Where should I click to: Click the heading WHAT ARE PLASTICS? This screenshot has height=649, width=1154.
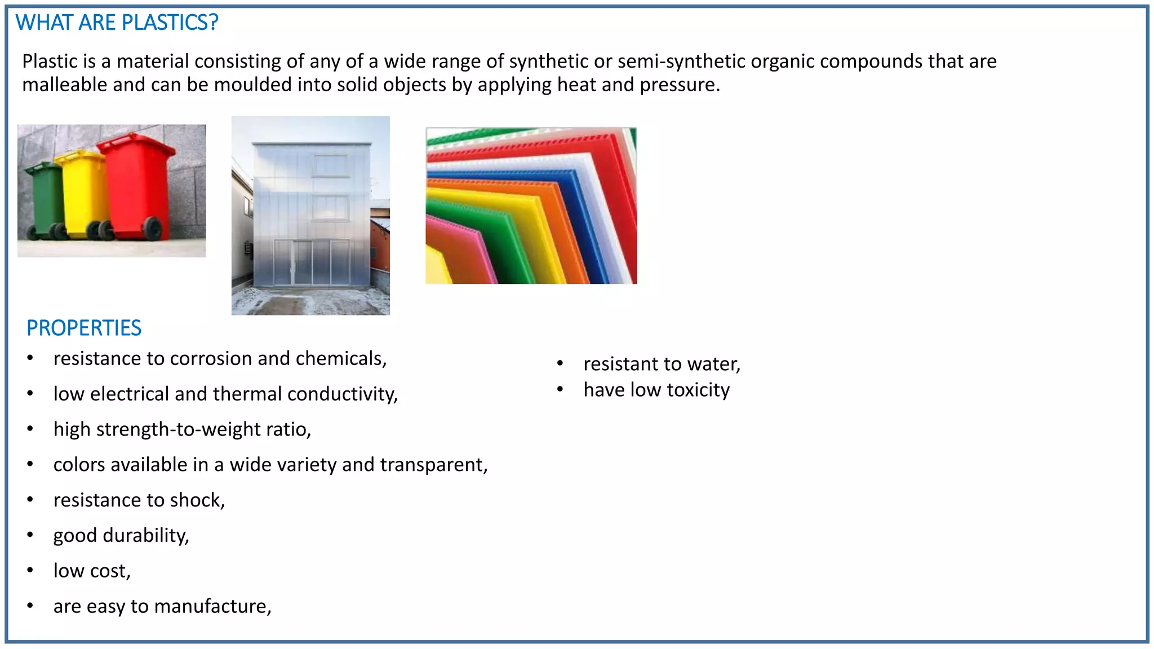(117, 23)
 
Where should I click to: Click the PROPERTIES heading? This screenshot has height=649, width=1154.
(84, 328)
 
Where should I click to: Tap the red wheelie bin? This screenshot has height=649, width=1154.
(137, 186)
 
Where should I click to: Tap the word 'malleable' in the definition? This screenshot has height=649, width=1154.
(64, 85)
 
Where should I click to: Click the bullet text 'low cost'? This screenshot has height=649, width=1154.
(91, 571)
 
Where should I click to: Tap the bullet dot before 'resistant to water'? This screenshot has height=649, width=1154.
(560, 364)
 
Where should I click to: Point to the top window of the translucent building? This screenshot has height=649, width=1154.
(331, 166)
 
